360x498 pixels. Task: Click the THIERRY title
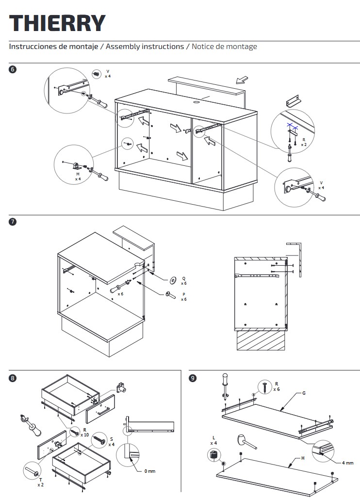tap(57, 23)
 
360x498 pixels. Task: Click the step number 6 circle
tap(13, 69)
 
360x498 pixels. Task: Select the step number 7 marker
tap(13, 222)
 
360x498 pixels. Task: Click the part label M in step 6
tap(77, 174)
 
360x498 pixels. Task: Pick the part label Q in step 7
tap(184, 278)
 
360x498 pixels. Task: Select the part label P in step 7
tap(184, 294)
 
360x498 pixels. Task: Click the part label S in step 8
tap(111, 438)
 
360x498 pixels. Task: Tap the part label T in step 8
tap(41, 479)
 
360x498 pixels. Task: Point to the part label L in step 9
tap(213, 437)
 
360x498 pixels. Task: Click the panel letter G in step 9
tap(304, 393)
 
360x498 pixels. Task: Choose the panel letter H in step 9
tap(303, 458)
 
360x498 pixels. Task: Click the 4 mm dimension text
tap(347, 463)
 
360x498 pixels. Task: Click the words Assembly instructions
tap(145, 47)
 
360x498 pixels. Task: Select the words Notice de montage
tap(224, 47)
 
